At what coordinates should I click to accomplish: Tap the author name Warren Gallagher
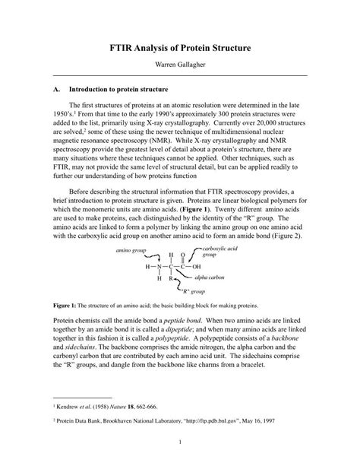click(x=179, y=66)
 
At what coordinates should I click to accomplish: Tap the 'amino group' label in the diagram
click(x=131, y=249)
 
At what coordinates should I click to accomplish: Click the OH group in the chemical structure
click(x=197, y=267)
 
